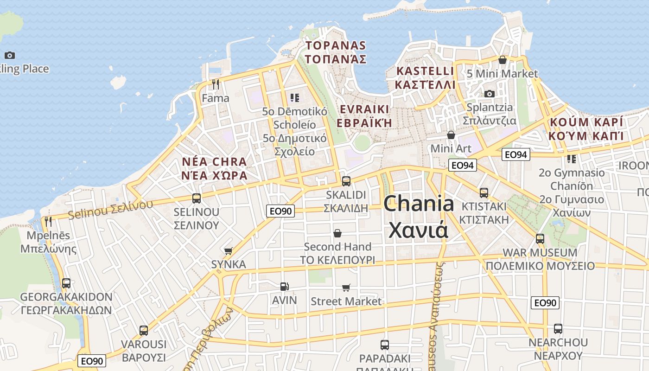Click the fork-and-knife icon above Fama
[x=216, y=84]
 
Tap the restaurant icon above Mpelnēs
[x=48, y=221]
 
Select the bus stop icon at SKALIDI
[x=346, y=181]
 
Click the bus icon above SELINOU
[x=196, y=198]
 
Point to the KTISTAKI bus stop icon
[x=484, y=192]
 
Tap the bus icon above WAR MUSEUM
[x=540, y=239]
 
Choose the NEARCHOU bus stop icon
[x=558, y=329]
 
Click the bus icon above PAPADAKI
[x=384, y=345]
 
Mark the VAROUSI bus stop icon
[x=144, y=331]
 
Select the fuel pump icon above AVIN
[x=284, y=287]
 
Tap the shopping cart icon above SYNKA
[x=228, y=251]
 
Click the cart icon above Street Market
[x=346, y=288]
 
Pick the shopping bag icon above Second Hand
[x=337, y=233]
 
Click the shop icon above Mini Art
[x=451, y=135]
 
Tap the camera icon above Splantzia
[x=489, y=94]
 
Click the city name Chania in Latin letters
[x=418, y=204]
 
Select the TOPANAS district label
[x=336, y=45]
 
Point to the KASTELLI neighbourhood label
[x=425, y=71]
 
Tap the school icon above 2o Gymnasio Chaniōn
[x=572, y=159]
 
